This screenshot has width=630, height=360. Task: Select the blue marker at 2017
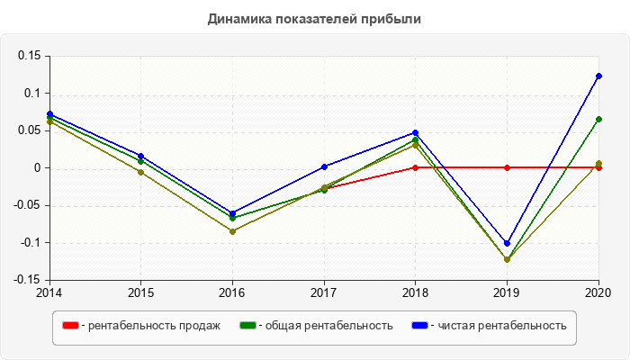[324, 166]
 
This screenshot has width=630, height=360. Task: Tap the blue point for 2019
[507, 243]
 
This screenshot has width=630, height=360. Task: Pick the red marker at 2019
[507, 167]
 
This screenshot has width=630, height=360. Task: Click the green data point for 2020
[598, 119]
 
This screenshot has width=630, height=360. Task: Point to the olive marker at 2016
[232, 231]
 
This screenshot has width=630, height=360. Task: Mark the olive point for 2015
[140, 172]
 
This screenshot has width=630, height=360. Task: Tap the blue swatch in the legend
[419, 326]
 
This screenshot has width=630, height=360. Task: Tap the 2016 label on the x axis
[232, 292]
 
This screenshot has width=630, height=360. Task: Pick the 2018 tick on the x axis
[415, 292]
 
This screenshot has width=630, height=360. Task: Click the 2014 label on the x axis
[49, 292]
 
